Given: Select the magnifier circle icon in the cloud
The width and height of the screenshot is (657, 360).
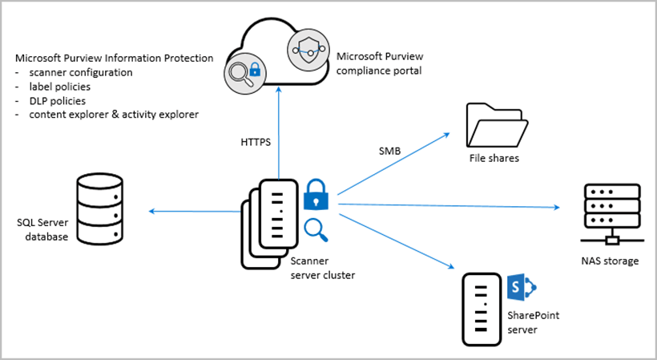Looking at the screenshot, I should tap(244, 72).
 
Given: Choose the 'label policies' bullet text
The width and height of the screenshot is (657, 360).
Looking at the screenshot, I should tap(63, 87).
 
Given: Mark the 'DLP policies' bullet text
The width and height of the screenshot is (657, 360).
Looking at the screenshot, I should tap(61, 100).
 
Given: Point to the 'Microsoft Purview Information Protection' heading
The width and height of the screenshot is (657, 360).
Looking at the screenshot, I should tap(114, 59).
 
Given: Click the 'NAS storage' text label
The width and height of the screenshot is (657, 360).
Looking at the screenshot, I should tap(610, 261).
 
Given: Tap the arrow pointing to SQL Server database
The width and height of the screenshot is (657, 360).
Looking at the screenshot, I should tap(192, 212).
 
